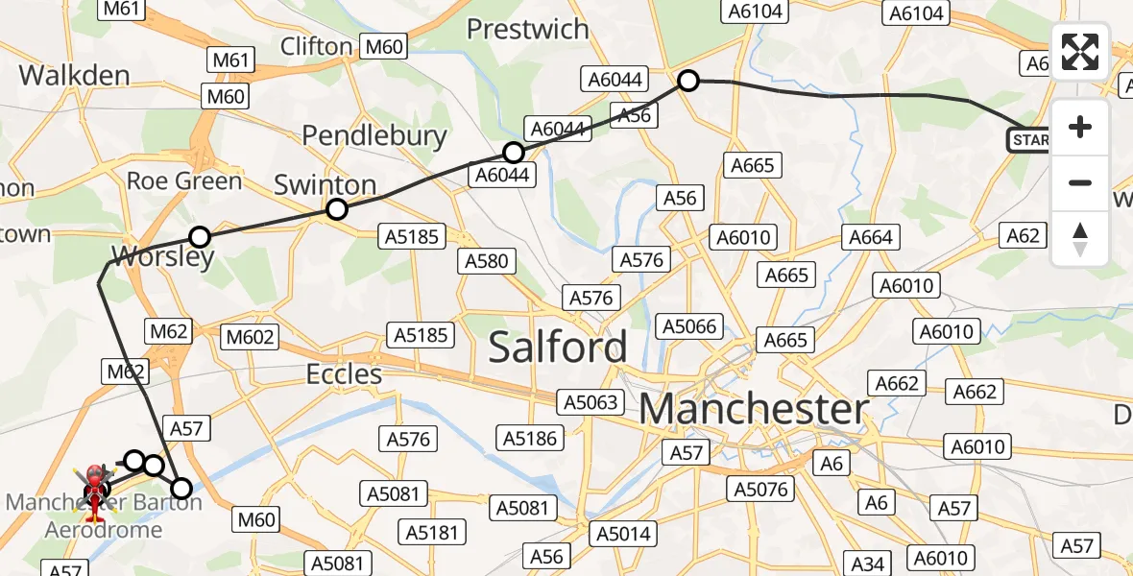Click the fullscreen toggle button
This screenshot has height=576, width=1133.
(x=1080, y=52)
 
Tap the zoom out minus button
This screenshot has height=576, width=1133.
(x=1080, y=182)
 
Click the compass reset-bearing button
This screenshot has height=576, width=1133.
(x=1080, y=239)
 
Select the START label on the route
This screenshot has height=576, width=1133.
(x=1028, y=141)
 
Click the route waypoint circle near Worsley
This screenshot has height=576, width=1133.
(x=199, y=236)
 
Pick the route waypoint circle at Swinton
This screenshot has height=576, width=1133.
(x=336, y=209)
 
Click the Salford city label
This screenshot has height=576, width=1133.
(x=558, y=347)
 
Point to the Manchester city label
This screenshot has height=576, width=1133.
(x=754, y=410)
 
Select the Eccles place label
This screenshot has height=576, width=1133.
(x=345, y=373)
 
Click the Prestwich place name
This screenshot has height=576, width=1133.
(x=527, y=29)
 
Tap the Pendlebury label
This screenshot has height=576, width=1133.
(x=374, y=135)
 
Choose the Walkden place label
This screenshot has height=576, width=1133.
(x=74, y=75)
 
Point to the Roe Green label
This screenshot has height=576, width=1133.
(x=184, y=180)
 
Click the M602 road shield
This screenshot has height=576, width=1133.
(x=250, y=337)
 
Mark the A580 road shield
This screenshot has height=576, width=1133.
(x=487, y=261)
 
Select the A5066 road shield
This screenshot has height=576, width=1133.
(x=689, y=327)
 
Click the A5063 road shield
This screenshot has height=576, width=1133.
(x=591, y=401)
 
